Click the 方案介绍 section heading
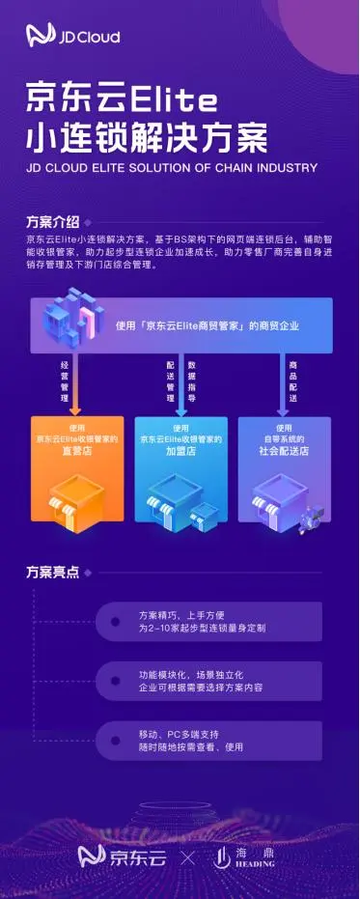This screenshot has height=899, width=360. (x=52, y=220)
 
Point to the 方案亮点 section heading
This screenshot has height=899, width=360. (x=52, y=572)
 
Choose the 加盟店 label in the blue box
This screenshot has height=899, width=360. (x=180, y=450)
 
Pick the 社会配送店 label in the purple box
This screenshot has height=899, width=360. (x=283, y=450)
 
